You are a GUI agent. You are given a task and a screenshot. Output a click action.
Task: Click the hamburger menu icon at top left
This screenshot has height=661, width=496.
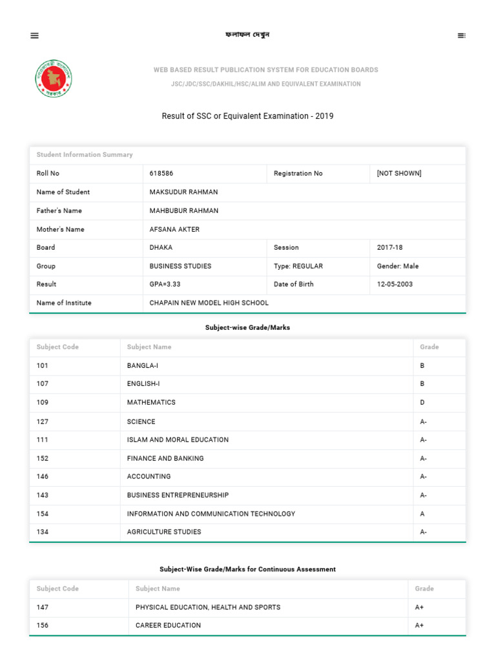coord(35,36)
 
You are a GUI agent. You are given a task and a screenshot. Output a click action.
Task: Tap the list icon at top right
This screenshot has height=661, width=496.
coord(461,36)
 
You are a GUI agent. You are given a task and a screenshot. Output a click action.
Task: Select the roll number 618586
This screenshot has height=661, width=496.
coord(161,174)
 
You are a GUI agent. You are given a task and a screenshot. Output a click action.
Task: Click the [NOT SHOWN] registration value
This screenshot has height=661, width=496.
coord(399,174)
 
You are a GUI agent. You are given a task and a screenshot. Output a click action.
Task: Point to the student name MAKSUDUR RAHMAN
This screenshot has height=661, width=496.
coord(183,192)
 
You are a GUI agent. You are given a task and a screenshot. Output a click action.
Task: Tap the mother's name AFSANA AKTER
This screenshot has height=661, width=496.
coord(174,229)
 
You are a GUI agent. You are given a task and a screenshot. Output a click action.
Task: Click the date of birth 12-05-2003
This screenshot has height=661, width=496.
coord(395,284)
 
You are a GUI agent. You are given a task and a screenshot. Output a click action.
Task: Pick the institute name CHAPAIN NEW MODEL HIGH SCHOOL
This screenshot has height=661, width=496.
coord(209,303)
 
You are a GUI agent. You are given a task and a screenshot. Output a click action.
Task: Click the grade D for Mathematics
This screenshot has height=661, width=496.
coord(422,402)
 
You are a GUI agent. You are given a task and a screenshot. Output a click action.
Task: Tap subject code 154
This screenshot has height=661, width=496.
coord(43,514)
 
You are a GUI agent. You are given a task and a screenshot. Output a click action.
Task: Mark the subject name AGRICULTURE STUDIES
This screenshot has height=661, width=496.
coord(164,532)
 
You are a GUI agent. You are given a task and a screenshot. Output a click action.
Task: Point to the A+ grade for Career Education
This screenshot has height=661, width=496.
coord(419,625)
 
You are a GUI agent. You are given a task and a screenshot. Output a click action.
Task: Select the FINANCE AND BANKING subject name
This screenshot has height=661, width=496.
coord(165,458)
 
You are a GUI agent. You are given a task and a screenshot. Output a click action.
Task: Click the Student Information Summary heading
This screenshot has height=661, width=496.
coord(85,155)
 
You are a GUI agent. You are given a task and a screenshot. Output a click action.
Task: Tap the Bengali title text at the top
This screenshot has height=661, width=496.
coord(247,35)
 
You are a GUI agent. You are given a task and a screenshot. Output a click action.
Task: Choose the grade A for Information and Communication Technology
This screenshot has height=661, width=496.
coord(422,514)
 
